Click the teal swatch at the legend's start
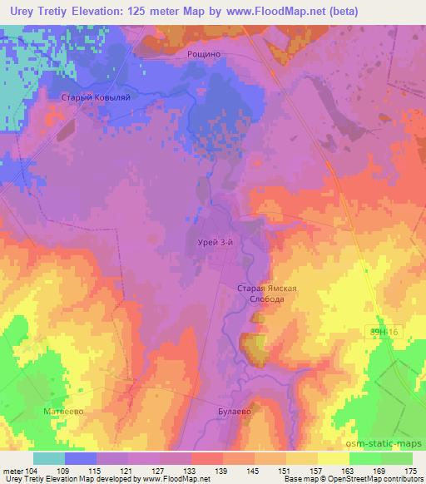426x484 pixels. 49,458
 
